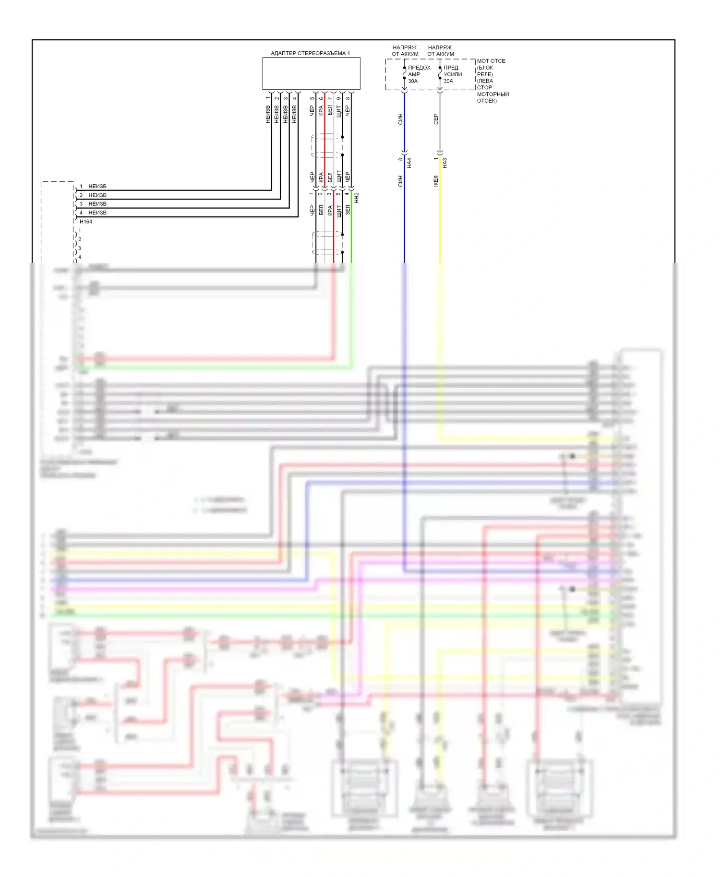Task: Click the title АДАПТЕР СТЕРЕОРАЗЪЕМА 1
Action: (x=310, y=53)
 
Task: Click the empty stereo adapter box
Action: (x=311, y=73)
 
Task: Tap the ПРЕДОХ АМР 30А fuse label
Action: (x=419, y=74)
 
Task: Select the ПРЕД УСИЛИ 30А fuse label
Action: (x=453, y=74)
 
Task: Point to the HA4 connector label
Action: (x=409, y=163)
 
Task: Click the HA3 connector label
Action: (x=445, y=163)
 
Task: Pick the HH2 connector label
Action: (x=357, y=198)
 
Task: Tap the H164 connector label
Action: (x=86, y=222)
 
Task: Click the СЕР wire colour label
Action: (x=436, y=119)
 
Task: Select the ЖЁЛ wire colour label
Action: (x=436, y=181)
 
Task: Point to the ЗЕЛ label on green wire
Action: (x=348, y=210)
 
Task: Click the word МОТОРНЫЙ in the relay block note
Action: (x=492, y=94)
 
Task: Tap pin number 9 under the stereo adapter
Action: (x=338, y=99)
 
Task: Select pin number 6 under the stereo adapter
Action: (x=321, y=99)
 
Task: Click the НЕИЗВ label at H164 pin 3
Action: (x=97, y=204)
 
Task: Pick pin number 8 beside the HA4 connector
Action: (x=400, y=159)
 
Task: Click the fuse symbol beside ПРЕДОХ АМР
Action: (x=404, y=74)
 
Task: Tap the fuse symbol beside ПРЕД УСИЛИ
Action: (x=440, y=74)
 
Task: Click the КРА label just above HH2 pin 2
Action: (x=321, y=178)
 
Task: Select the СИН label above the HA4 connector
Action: (x=400, y=119)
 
